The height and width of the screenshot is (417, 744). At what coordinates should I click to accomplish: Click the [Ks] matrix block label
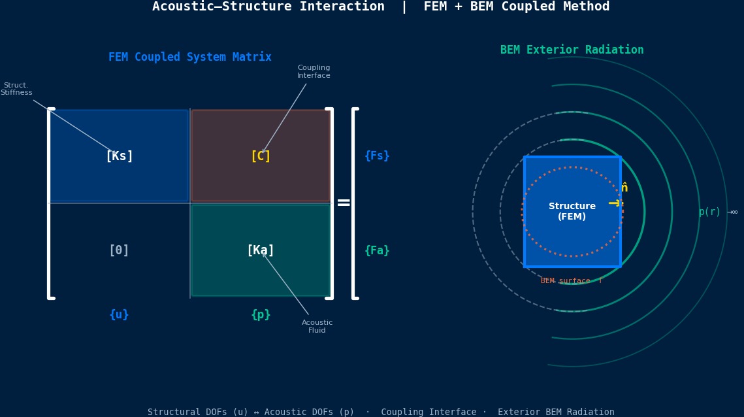119,156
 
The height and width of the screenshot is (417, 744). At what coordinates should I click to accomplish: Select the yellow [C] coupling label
261,156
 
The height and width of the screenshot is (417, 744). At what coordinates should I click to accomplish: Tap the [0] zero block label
119,250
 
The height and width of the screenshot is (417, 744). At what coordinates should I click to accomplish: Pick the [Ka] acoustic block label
261,250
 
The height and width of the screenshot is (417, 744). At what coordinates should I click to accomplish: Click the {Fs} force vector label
377,156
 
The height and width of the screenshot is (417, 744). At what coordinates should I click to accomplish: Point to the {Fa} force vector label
377,250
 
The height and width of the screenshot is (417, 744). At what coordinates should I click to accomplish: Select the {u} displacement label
119,314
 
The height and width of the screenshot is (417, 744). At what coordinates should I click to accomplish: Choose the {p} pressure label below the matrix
261,314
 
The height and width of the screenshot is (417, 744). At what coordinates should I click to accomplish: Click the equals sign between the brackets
344,203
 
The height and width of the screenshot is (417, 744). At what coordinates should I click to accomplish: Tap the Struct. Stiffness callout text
16,89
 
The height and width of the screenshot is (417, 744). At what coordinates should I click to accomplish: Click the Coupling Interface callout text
314,72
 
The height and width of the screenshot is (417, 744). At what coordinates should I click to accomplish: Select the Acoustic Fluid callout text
317,326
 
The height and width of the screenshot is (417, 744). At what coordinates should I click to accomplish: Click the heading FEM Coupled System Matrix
190,58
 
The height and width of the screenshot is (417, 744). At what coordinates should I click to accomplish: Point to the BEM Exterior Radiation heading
572,50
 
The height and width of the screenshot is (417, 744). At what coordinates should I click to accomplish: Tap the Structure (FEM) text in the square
572,211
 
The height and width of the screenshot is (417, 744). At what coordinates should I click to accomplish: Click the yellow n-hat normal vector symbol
624,188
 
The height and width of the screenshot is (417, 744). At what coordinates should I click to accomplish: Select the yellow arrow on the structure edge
615,203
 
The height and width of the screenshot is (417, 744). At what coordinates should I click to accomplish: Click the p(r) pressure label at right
709,212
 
